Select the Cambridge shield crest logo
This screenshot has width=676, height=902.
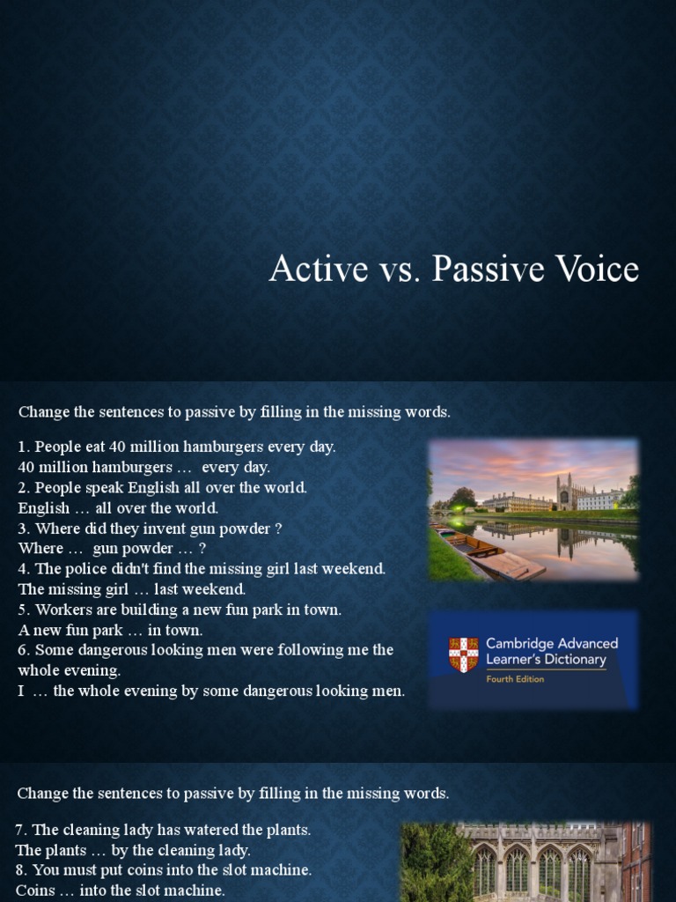click(x=463, y=654)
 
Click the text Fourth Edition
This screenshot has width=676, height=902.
click(x=515, y=679)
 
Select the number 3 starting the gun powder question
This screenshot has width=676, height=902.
click(x=23, y=529)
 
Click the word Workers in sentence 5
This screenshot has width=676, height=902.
click(x=62, y=610)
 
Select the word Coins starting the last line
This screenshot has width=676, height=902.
click(x=34, y=891)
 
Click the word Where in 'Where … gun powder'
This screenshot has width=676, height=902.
click(x=40, y=549)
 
